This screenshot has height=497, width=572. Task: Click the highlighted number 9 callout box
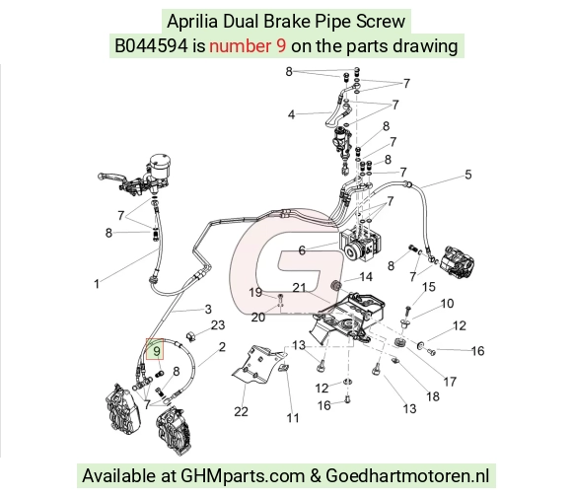(x=155, y=349)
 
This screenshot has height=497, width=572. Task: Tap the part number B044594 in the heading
(x=152, y=46)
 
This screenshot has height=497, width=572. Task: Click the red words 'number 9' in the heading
(x=248, y=46)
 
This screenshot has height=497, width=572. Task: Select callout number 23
(x=218, y=324)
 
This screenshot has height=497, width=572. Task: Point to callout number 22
(x=241, y=411)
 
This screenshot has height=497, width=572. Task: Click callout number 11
(x=293, y=417)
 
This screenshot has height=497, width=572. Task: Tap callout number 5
(x=468, y=175)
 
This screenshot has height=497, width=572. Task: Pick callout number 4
(x=291, y=114)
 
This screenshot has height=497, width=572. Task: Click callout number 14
(x=366, y=277)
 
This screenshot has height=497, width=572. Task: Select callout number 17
(x=450, y=382)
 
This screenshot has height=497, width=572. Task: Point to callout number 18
(x=433, y=396)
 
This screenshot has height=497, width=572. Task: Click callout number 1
(x=97, y=284)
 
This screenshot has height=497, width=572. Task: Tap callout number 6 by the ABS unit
(x=302, y=250)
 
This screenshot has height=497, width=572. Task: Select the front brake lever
(x=112, y=177)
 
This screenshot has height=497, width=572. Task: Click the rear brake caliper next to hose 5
(x=457, y=263)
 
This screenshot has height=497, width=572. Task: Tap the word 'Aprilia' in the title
(x=192, y=21)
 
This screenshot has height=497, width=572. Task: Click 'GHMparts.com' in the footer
(x=243, y=476)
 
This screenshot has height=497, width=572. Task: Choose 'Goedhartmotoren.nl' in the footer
(x=406, y=475)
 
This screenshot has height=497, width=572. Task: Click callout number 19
(x=255, y=292)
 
